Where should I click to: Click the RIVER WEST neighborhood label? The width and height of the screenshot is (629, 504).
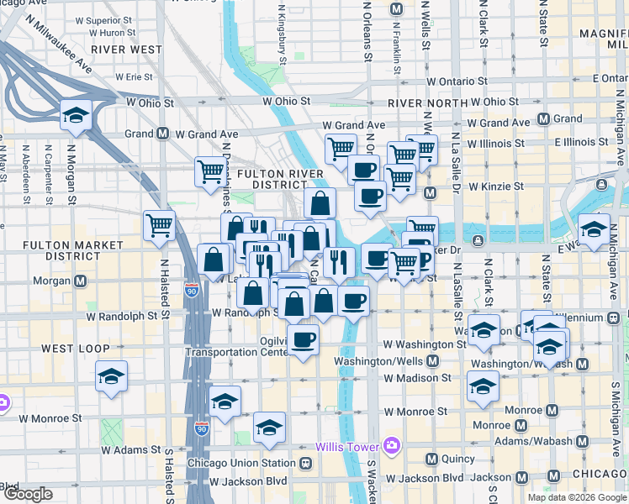coord(126,50)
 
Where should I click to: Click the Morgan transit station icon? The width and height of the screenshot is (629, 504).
coord(81,281)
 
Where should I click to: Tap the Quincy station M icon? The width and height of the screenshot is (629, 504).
coord(432,459)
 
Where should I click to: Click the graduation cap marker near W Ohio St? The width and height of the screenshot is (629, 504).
coord(76,115)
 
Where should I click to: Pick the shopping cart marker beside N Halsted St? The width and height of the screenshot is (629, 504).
coord(159,225)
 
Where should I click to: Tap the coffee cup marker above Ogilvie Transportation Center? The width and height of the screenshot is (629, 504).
coord(303,340)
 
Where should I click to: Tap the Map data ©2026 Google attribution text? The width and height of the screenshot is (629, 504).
coord(577,497)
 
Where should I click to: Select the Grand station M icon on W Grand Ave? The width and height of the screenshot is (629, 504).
coord(161,134)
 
